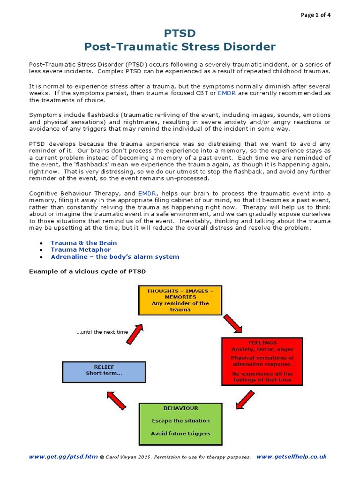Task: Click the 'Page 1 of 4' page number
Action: (315, 15)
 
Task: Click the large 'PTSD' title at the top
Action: (180, 33)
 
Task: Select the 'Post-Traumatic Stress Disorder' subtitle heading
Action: (180, 47)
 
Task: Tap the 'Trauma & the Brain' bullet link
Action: (84, 243)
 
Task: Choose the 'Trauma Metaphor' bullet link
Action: (81, 250)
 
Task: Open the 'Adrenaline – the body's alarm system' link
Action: (115, 256)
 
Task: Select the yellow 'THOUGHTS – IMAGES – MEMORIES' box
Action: (180, 300)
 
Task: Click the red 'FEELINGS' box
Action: (262, 361)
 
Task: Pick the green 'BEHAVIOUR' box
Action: (180, 423)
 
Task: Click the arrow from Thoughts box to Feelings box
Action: (232, 324)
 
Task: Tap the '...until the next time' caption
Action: (102, 332)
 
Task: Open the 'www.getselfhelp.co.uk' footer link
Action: (292, 457)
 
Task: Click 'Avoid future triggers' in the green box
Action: (180, 434)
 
